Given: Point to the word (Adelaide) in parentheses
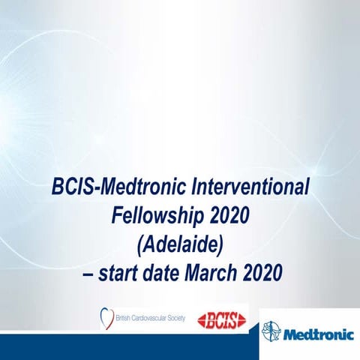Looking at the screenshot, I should tap(179, 244).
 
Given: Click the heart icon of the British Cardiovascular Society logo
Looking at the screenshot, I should tap(107, 317).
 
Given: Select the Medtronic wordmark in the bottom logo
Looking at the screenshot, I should tap(315, 331).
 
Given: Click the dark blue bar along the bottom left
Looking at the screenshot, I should tap(127, 348).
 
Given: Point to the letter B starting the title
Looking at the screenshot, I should tap(59, 185).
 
